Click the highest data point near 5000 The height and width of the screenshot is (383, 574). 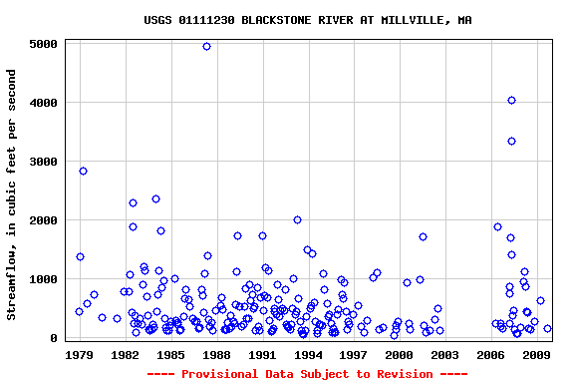(x=206, y=46)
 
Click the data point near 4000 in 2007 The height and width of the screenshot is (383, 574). (x=511, y=100)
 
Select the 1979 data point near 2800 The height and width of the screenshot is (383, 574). (x=83, y=171)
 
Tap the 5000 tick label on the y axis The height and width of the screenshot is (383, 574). (x=44, y=44)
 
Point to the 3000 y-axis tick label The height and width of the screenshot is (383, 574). (x=44, y=162)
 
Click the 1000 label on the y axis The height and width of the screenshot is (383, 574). (x=44, y=279)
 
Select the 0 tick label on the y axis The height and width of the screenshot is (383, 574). (x=56, y=338)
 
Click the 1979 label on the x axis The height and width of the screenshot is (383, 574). (x=79, y=354)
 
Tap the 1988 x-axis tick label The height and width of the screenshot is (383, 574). (x=216, y=354)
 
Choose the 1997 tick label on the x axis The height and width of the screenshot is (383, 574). (x=354, y=354)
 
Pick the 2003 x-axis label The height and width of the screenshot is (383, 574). (x=445, y=354)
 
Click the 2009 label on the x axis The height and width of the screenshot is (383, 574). (x=537, y=354)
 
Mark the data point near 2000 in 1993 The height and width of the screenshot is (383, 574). (x=297, y=219)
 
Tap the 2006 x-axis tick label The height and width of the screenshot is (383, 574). (x=491, y=354)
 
